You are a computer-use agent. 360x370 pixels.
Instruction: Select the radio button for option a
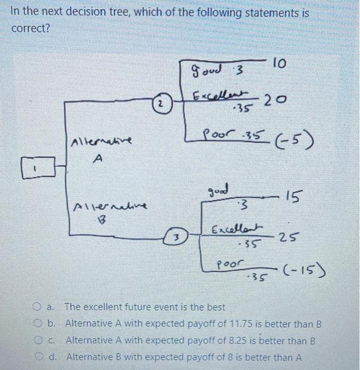tap(37, 307)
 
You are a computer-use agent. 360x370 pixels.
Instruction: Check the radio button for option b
tap(37, 323)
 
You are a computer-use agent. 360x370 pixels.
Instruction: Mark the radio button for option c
tap(37, 340)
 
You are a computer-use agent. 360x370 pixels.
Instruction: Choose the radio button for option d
tap(37, 357)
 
